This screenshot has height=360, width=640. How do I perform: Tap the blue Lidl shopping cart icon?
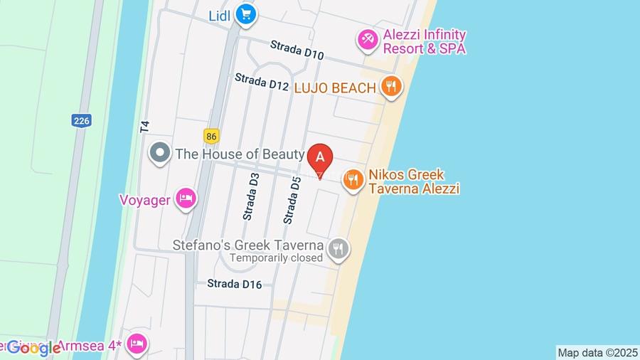(x=246, y=14)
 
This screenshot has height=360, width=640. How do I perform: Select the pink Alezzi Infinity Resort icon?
(x=368, y=39)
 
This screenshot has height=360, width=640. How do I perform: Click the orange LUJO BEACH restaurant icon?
(x=390, y=88)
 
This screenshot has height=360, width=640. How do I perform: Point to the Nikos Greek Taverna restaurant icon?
(x=353, y=181)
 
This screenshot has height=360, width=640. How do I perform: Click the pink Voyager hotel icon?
(x=186, y=199)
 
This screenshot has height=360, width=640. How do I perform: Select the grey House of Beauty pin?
(x=160, y=153)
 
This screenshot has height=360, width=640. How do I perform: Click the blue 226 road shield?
(x=81, y=121)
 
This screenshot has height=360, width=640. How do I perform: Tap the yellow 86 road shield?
(x=210, y=135)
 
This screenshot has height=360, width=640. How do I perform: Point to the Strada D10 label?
(x=297, y=50)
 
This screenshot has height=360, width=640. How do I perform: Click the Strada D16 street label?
(x=235, y=284)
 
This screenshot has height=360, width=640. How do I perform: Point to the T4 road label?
(x=145, y=127)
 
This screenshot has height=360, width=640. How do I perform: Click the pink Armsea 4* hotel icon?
(x=137, y=344)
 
